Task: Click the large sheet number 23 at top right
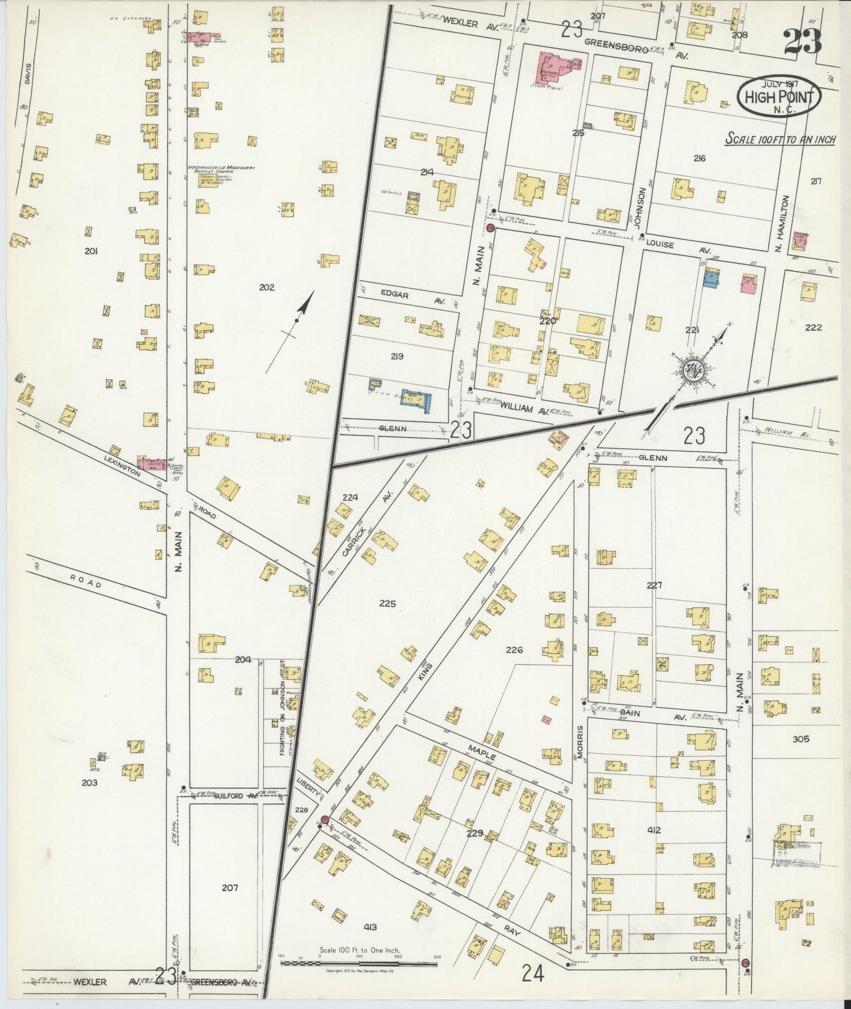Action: click(x=802, y=41)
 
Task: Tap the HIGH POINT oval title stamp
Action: click(x=779, y=96)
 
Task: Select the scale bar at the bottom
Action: click(x=359, y=963)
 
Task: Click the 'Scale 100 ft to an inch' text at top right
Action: click(x=780, y=140)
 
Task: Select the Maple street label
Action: click(x=482, y=752)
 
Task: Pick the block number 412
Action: click(x=654, y=830)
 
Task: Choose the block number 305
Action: click(x=800, y=739)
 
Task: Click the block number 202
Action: click(x=266, y=287)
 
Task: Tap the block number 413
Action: click(x=370, y=927)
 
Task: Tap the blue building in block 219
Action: click(x=416, y=400)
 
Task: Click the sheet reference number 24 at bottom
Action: click(x=532, y=974)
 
